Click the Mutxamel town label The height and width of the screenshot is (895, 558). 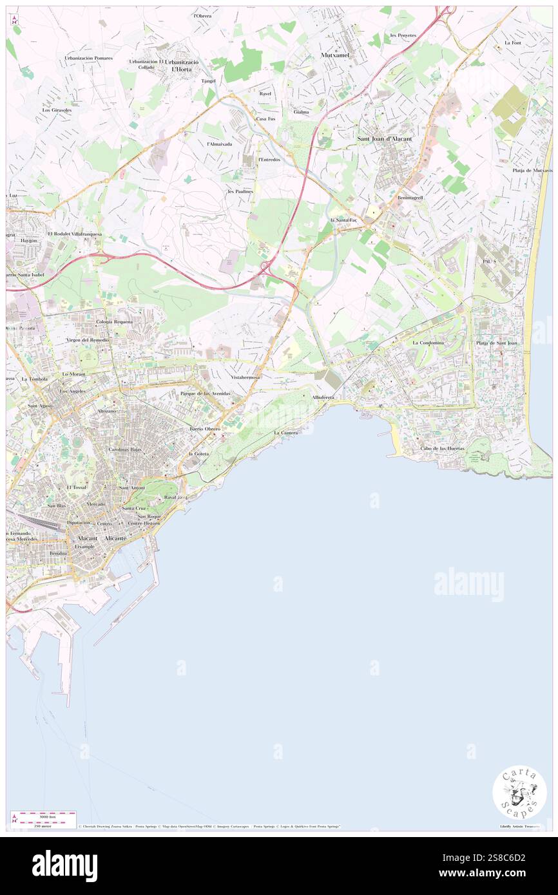click(336, 55)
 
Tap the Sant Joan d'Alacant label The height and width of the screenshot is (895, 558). click(385, 138)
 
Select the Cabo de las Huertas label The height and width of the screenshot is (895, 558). click(442, 448)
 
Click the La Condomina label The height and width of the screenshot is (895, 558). click(428, 343)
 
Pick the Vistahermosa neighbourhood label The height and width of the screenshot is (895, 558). click(245, 377)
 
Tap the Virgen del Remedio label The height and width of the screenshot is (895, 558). click(87, 339)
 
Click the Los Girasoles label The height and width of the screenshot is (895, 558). click(57, 110)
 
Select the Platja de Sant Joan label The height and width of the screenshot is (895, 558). click(497, 343)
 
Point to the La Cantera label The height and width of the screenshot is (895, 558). click(285, 433)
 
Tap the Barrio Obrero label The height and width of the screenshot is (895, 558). click(205, 428)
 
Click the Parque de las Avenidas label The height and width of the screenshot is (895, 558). click(205, 393)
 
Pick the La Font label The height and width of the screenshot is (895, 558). click(513, 42)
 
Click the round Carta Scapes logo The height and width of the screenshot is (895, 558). click(519, 792)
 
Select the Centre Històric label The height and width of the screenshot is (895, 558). click(144, 523)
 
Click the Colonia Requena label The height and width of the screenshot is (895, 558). click(114, 321)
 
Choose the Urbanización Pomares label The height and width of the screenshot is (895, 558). click(88, 58)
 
